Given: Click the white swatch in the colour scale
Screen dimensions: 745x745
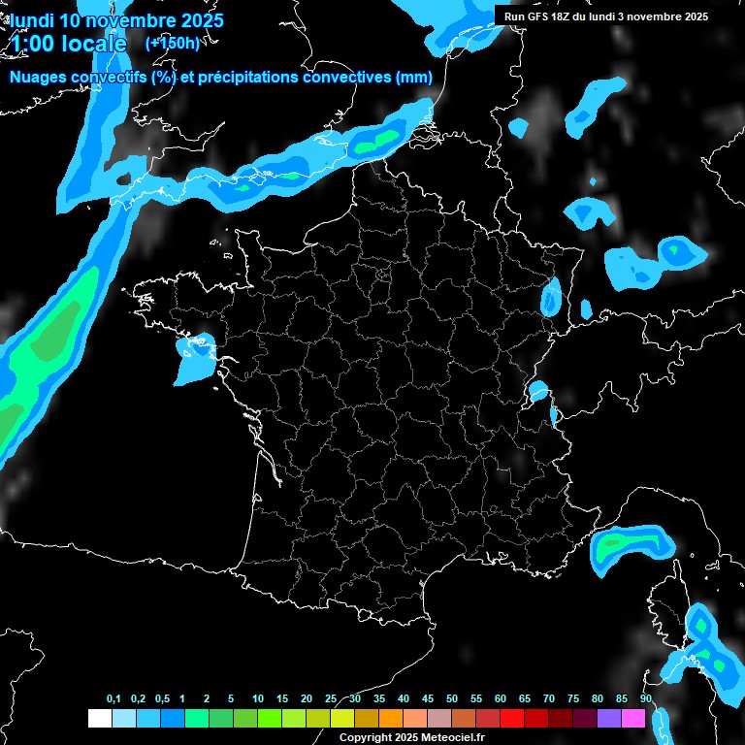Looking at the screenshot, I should click(x=99, y=718).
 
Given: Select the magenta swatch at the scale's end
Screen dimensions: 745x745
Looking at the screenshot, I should click(x=633, y=718).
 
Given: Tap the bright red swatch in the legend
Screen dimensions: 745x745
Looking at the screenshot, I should click(x=512, y=718).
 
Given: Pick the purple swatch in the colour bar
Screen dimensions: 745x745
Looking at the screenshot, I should click(x=609, y=718).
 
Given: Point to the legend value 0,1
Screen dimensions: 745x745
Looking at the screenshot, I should click(x=113, y=699).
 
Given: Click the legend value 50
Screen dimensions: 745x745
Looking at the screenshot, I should click(x=452, y=699).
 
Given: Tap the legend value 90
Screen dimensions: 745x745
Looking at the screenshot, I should click(x=646, y=699).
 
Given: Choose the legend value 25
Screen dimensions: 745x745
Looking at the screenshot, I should click(x=331, y=699).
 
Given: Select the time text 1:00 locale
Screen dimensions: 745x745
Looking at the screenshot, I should click(x=69, y=44).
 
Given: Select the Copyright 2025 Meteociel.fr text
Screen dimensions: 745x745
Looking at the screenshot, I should click(x=411, y=737).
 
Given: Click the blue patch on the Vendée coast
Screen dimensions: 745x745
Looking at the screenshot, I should click(x=196, y=355).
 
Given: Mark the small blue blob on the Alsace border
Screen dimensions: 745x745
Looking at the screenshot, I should click(x=551, y=296).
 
